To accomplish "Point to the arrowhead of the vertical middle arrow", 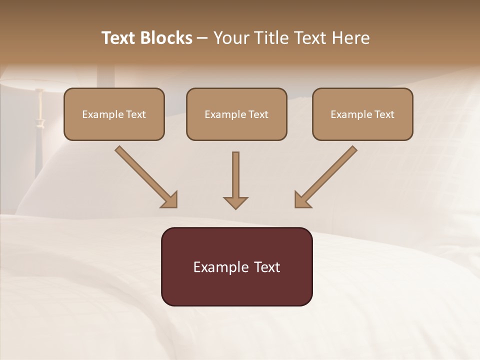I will pyautogui.click(x=235, y=202).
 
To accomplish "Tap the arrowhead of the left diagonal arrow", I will pyautogui.click(x=170, y=200).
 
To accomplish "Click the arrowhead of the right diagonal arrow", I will pyautogui.click(x=301, y=200).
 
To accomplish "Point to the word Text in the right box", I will pyautogui.click(x=384, y=114).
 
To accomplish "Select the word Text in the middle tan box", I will pyautogui.click(x=258, y=114).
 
